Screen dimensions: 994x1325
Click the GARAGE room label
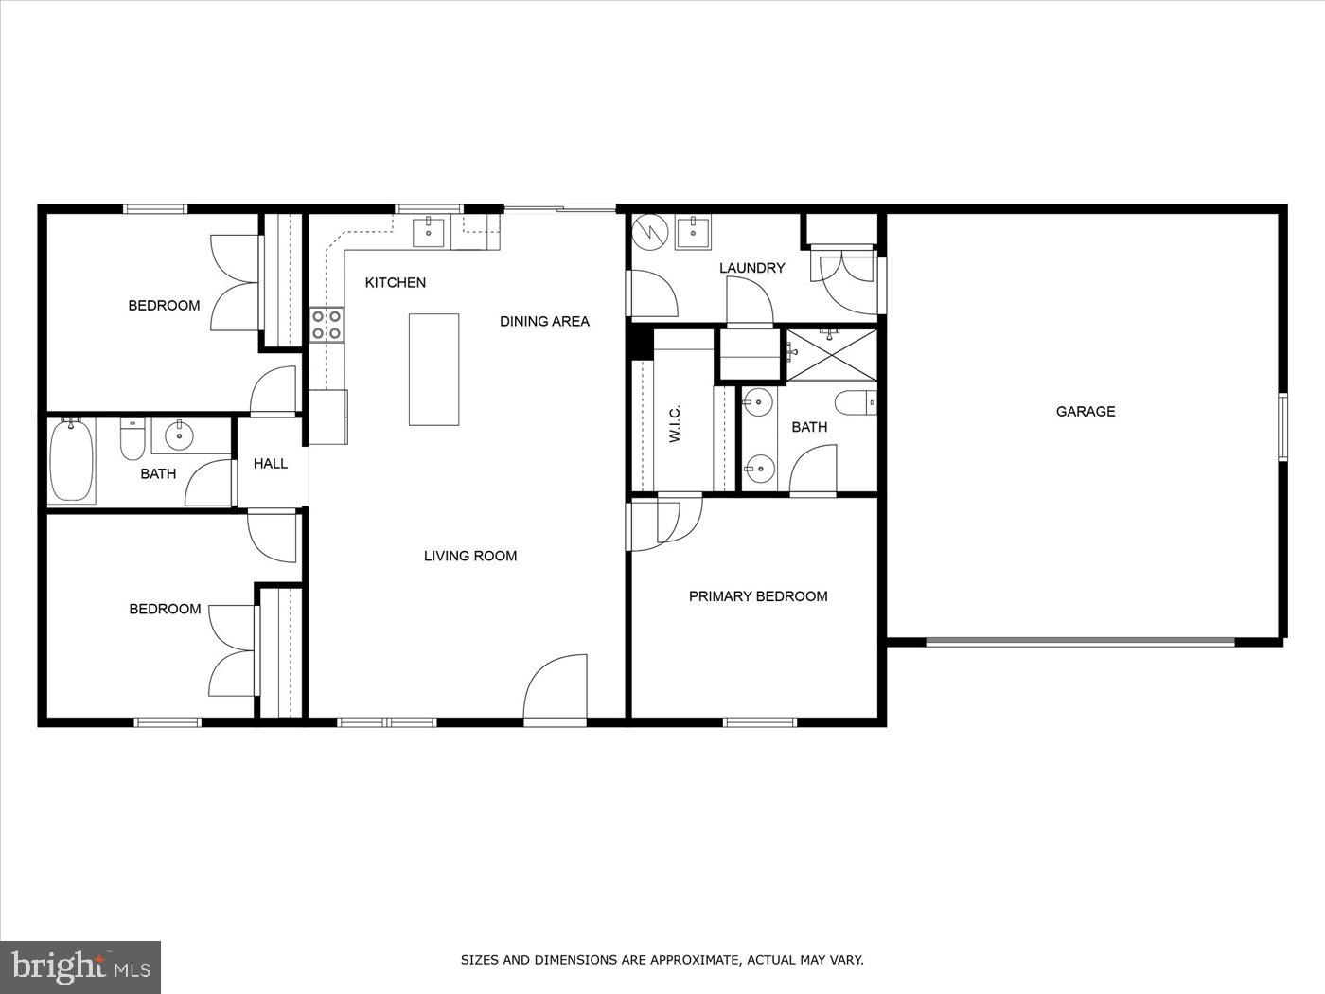pos(1086,411)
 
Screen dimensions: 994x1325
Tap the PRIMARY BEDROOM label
pos(758,596)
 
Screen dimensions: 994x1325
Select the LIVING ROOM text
pos(470,556)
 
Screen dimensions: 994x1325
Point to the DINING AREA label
pos(544,321)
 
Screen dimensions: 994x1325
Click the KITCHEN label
pos(396,282)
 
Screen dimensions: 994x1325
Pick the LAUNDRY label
pos(751,268)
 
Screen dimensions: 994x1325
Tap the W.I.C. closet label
pos(675,423)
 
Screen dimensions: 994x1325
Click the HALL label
pos(270,463)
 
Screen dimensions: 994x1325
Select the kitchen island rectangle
pos(433,369)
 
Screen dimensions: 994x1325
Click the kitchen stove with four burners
pos(327,325)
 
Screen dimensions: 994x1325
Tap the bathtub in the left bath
pos(72,461)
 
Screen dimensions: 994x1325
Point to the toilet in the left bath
pos(132,440)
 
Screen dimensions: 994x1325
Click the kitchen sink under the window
pos(429,230)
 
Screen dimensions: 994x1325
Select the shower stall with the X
pos(831,355)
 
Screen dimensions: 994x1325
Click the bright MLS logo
pos(80,967)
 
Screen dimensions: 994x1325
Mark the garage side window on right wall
pos(1283,427)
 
